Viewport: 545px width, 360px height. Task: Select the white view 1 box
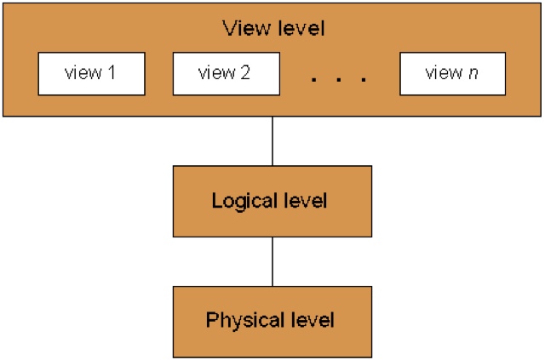pos(89,74)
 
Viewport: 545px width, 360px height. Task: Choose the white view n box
pos(452,74)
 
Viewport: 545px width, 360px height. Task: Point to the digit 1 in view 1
pos(111,73)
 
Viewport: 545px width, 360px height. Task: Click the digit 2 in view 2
pos(245,73)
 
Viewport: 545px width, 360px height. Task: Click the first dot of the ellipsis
pos(314,80)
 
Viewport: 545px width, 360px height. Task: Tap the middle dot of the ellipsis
pos(339,80)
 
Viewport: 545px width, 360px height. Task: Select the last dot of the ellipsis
pos(364,80)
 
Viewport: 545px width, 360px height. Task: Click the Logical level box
pos(272,201)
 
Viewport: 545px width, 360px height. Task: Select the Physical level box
pos(272,321)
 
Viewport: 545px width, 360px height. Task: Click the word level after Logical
pos(305,202)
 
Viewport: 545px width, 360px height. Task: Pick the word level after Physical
pos(311,321)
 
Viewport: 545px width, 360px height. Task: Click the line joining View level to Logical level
pos(272,140)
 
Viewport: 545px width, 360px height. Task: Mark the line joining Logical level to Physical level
pos(272,260)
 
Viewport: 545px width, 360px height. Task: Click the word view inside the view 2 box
pos(215,73)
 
